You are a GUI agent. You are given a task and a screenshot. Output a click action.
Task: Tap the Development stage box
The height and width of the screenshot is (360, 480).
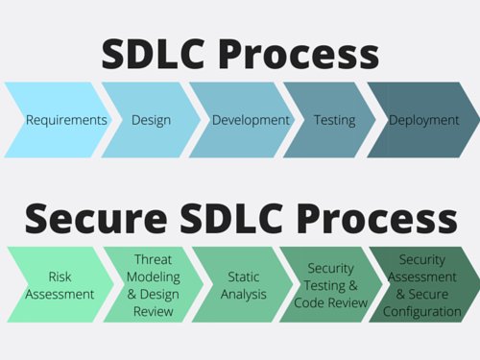tap(238, 120)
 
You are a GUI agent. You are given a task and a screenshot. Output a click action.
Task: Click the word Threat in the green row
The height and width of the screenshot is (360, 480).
tap(153, 259)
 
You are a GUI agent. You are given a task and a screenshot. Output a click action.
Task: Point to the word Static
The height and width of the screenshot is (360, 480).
tap(244, 277)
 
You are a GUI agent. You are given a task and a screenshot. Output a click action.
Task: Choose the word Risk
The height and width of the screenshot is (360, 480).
tap(60, 277)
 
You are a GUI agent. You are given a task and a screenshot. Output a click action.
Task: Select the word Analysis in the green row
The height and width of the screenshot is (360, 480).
tap(244, 295)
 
